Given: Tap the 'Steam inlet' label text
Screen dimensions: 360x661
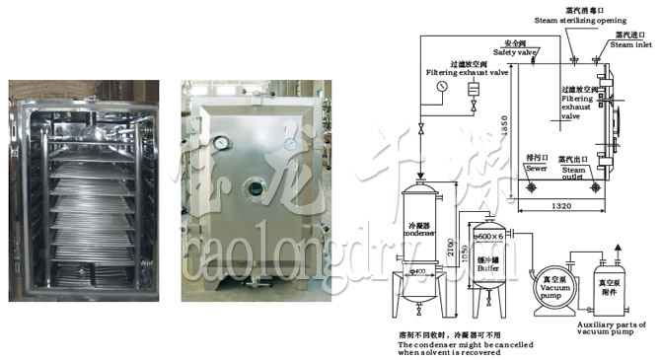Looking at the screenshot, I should tap(629, 43).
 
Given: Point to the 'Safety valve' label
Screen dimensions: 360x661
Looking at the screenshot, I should tap(513, 52).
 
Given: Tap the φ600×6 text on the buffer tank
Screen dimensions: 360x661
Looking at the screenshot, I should tap(489, 236).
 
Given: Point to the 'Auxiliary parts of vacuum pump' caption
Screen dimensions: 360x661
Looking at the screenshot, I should tap(612, 328).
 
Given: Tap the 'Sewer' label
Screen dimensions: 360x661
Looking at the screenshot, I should tap(536, 169).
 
